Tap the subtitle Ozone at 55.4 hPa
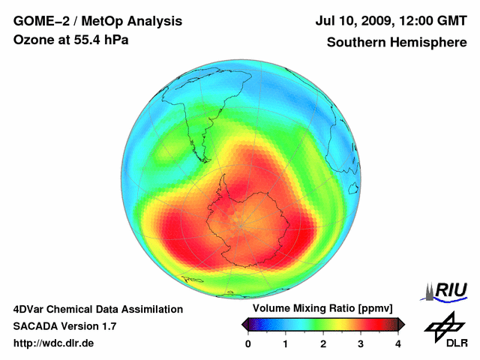[x=71, y=40]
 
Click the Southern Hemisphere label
[x=396, y=43]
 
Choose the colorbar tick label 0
[x=248, y=344]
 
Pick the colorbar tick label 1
[x=286, y=344]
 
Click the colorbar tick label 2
[x=323, y=344]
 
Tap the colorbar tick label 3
[x=361, y=344]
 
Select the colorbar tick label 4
[x=398, y=344]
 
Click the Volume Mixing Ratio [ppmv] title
[x=322, y=309]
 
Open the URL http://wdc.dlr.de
[x=54, y=343]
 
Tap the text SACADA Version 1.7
[x=64, y=326]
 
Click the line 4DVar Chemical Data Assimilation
[x=98, y=309]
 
